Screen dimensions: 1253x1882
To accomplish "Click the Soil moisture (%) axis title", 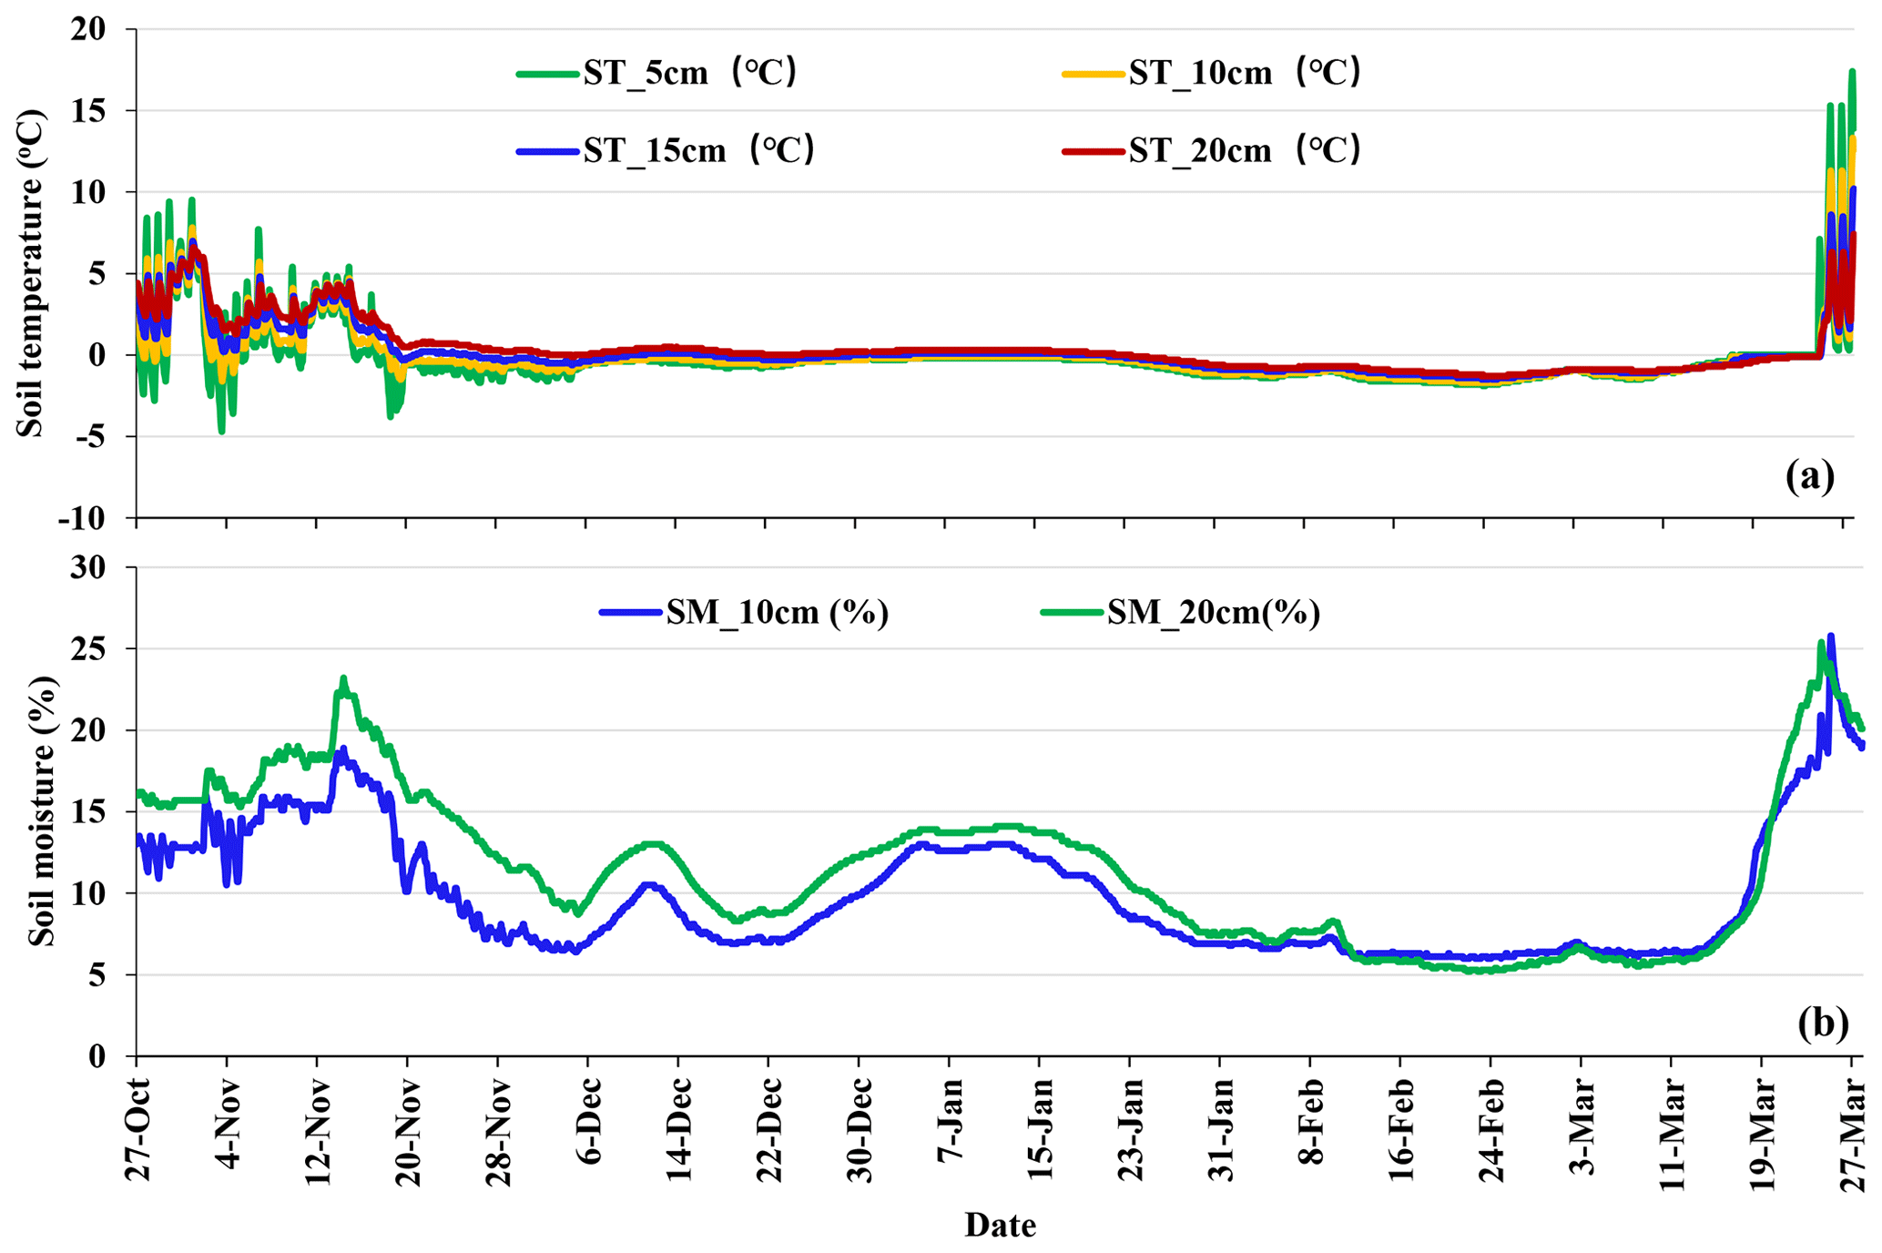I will click(41, 811).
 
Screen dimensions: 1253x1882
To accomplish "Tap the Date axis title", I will click(1000, 1226).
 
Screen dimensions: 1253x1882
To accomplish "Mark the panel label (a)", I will click(1809, 476).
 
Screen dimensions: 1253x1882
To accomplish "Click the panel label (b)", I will click(1823, 1022).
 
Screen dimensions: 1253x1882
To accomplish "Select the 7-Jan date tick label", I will click(950, 1129).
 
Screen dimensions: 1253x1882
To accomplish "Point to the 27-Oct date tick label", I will click(138, 1129).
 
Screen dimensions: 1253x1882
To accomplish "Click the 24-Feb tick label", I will click(1491, 1129).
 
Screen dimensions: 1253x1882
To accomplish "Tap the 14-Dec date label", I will click(679, 1129).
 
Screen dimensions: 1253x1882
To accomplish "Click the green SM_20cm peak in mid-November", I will click(343, 678).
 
